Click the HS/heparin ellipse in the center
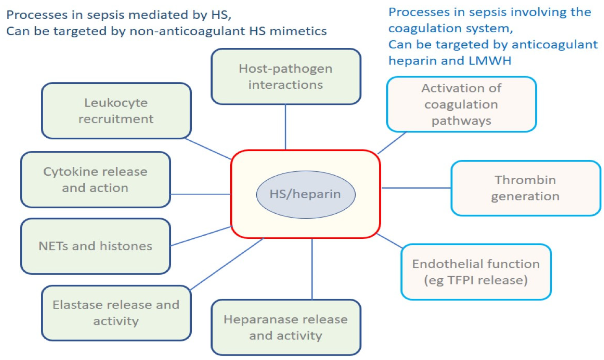pos(305,194)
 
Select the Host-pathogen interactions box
pos(286,77)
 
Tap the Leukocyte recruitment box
pos(116,111)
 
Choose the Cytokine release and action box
pos(95,180)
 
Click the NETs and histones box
pos(95,246)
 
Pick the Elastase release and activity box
pos(116,313)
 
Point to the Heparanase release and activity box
pos(286,327)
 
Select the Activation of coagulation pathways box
pos(461,104)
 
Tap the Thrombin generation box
pos(525,188)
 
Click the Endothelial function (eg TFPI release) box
pos(476,272)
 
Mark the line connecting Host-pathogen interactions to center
pos(285,127)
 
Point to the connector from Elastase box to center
pos(227,264)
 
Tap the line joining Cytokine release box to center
pos(200,194)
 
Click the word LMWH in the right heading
pos(490,61)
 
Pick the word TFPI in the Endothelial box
pos(461,280)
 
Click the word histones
pos(126,246)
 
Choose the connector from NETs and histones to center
pos(201,236)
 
